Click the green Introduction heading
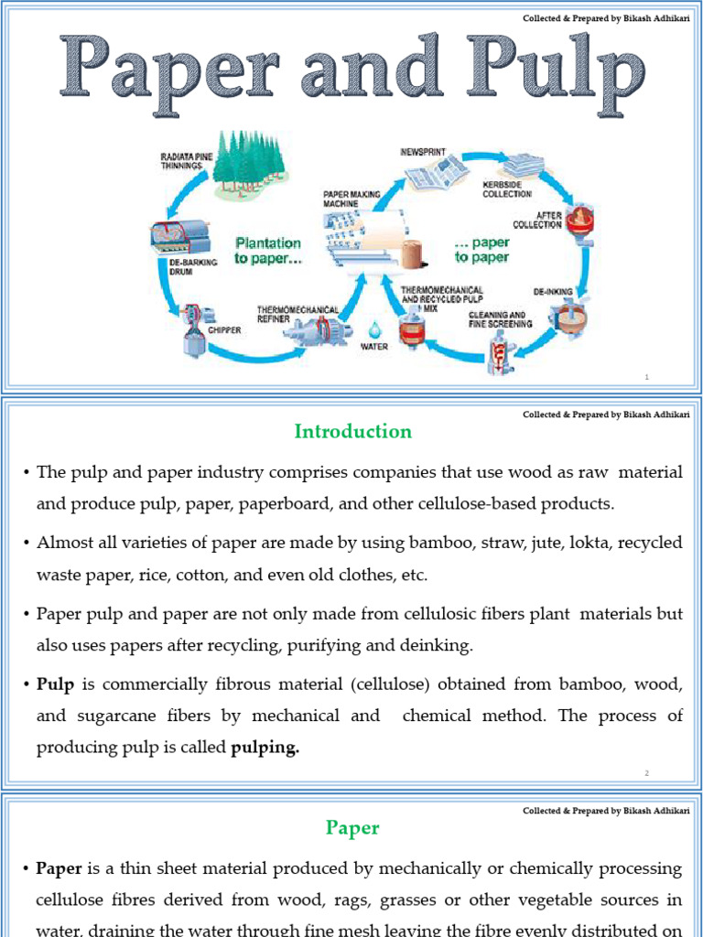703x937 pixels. [352, 431]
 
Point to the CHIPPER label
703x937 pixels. [224, 330]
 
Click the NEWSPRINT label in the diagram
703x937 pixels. [422, 152]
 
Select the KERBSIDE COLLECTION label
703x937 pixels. [507, 189]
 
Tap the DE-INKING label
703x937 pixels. [553, 292]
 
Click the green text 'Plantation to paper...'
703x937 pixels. [267, 250]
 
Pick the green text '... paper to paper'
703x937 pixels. [482, 250]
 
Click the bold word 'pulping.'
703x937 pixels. [265, 748]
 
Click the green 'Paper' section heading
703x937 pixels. [352, 828]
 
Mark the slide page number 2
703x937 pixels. [645, 773]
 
